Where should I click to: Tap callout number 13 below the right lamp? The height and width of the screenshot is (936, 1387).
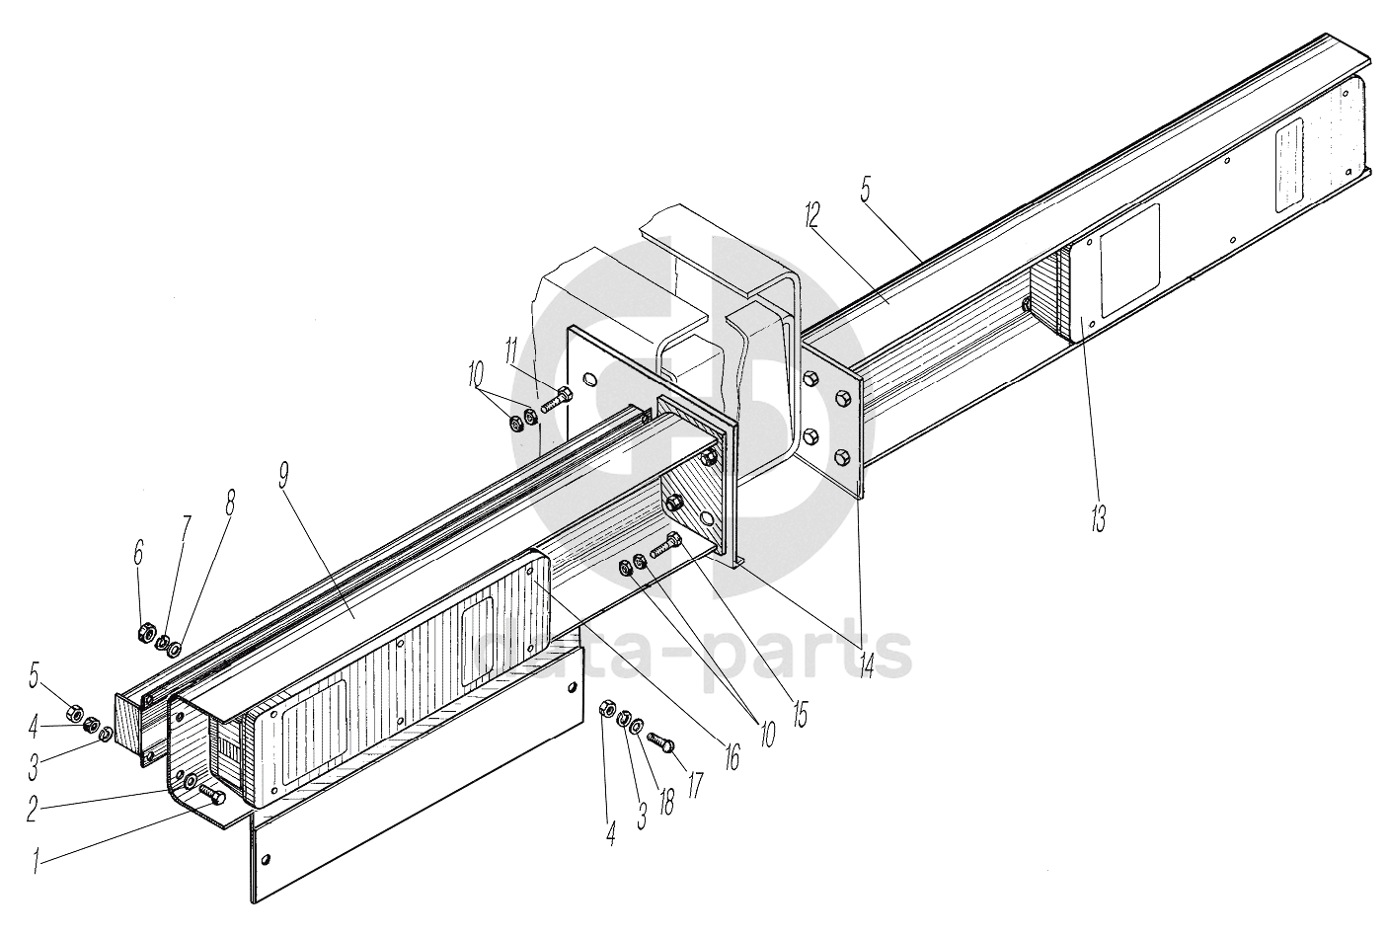tap(1099, 516)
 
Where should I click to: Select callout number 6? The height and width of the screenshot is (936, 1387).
tap(137, 553)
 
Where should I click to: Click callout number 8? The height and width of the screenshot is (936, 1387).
tap(230, 504)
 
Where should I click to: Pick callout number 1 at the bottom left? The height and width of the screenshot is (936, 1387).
tap(37, 861)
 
